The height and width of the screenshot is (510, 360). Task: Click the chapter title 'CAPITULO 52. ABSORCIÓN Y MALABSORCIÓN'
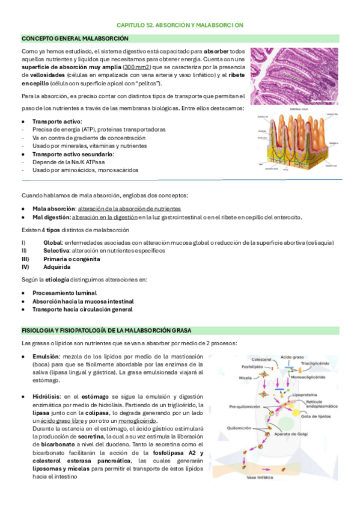(x=180, y=26)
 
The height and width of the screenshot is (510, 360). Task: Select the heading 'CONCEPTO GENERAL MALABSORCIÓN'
(x=75, y=38)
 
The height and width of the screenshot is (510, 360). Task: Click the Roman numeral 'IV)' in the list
(x=26, y=266)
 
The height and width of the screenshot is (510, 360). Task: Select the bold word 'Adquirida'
(x=58, y=266)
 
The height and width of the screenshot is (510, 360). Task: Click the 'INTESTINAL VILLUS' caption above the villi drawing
(x=298, y=110)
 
